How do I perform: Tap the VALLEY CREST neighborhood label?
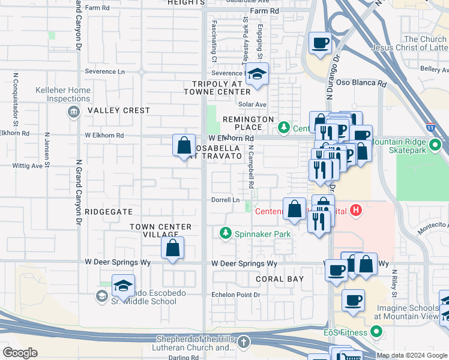click(118, 110)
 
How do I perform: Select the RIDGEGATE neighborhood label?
click(108, 212)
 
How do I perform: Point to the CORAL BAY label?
click(280, 279)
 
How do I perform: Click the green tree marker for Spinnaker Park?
click(226, 233)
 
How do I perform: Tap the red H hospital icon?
click(357, 210)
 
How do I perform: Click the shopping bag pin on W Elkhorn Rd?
click(184, 146)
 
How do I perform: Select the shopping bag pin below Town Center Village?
click(172, 248)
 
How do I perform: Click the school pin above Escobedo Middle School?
click(123, 286)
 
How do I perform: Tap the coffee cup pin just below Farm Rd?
click(319, 44)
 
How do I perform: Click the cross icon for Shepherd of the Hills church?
click(243, 342)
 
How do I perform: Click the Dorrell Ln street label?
click(225, 200)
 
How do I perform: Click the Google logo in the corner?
click(20, 353)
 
